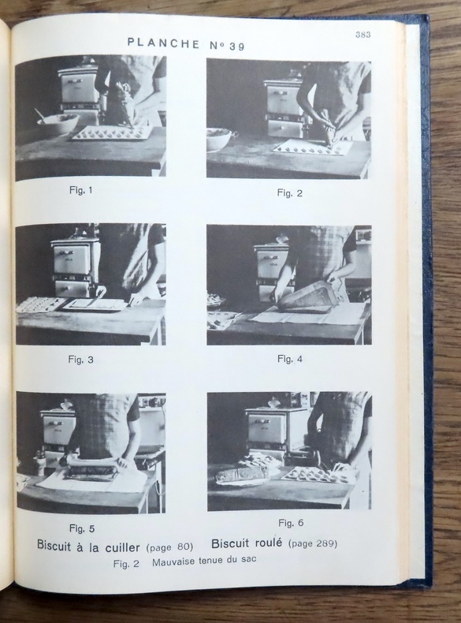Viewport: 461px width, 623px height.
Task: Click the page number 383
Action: click(x=363, y=35)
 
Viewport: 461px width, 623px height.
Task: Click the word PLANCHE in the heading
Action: click(x=164, y=43)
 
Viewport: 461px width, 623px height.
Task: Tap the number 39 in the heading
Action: click(x=237, y=47)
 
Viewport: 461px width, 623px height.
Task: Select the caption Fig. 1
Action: click(x=81, y=190)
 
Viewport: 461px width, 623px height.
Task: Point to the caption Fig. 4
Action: click(x=290, y=359)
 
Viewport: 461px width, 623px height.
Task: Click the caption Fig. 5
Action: click(x=82, y=529)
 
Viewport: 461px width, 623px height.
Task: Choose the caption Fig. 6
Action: click(x=291, y=523)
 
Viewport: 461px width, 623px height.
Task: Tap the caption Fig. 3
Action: click(x=81, y=360)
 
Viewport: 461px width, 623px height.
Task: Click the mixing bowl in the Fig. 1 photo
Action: click(x=58, y=123)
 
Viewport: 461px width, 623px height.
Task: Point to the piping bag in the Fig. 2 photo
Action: click(x=329, y=129)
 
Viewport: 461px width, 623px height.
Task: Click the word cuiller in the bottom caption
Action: click(x=122, y=547)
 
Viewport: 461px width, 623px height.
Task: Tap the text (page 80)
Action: click(x=169, y=547)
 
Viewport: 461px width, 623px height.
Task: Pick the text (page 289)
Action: click(x=313, y=543)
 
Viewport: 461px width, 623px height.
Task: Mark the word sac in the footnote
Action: click(x=248, y=559)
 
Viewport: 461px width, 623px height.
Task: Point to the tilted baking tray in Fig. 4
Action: click(x=307, y=295)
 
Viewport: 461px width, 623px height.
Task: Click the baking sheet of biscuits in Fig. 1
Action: click(x=112, y=133)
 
